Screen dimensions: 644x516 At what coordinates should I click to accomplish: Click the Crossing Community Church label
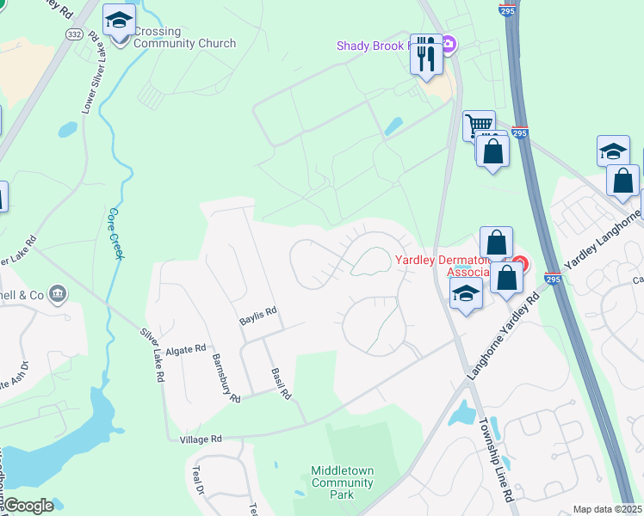pyautogui.click(x=184, y=38)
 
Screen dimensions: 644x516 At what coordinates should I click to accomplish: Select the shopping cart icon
pyautogui.click(x=478, y=126)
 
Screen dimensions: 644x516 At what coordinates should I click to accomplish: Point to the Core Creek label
pyautogui.click(x=115, y=233)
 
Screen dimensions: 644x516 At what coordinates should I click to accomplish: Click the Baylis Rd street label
pyautogui.click(x=257, y=316)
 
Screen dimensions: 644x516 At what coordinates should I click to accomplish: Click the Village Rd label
pyautogui.click(x=201, y=439)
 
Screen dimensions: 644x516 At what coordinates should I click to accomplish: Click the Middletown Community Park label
pyautogui.click(x=343, y=483)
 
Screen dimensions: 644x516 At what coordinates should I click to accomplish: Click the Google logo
pyautogui.click(x=28, y=507)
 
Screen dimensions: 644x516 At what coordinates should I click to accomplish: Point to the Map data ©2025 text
pyautogui.click(x=606, y=509)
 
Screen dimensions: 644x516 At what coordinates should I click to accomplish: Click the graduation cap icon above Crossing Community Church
pyautogui.click(x=119, y=20)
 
